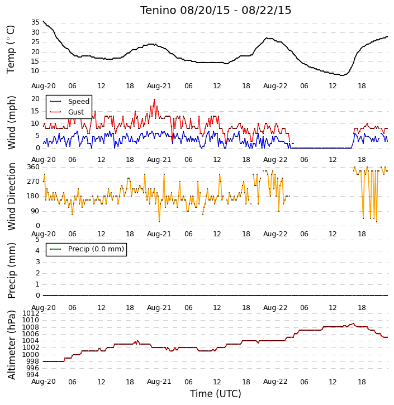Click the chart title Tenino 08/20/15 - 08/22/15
216,10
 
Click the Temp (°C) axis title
11,49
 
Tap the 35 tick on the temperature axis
35,22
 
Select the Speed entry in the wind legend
69,102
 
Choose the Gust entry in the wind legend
67,112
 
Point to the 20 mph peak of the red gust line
154,99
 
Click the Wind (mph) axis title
11,122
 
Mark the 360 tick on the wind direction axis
34,167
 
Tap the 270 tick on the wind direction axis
34,182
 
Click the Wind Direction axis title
11,197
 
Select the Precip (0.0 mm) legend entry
87,249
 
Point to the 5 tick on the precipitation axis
37,240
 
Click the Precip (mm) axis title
11,270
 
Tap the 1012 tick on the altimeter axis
31,313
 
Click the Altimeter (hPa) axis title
11,345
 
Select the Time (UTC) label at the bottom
216,394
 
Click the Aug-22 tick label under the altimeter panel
275,382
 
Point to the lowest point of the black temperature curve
342,75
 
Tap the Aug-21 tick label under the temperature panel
159,86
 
